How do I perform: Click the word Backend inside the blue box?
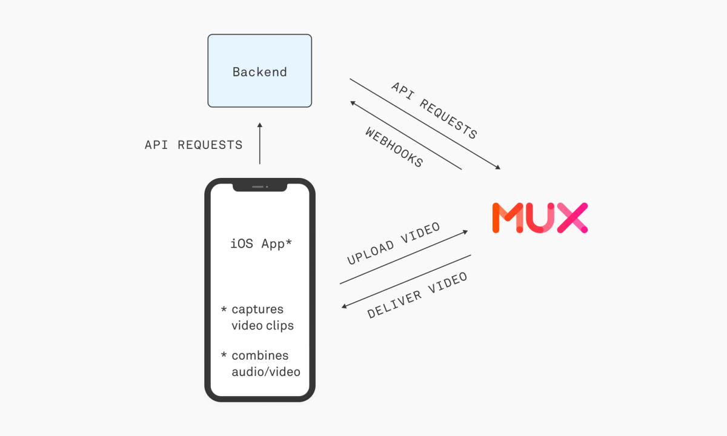(x=259, y=72)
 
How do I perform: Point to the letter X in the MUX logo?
(x=572, y=218)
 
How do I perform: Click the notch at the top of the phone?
(x=259, y=187)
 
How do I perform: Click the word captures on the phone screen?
(x=257, y=309)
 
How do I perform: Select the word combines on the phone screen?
(x=260, y=355)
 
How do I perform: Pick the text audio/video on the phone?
(x=266, y=372)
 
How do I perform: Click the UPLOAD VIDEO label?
(x=393, y=244)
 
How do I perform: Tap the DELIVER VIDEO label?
(x=417, y=296)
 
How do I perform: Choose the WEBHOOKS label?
(x=394, y=147)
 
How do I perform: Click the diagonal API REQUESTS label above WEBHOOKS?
(x=434, y=111)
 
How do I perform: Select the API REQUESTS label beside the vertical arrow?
(x=193, y=145)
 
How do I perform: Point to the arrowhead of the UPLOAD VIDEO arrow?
(x=466, y=232)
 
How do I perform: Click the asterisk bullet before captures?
(x=224, y=310)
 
